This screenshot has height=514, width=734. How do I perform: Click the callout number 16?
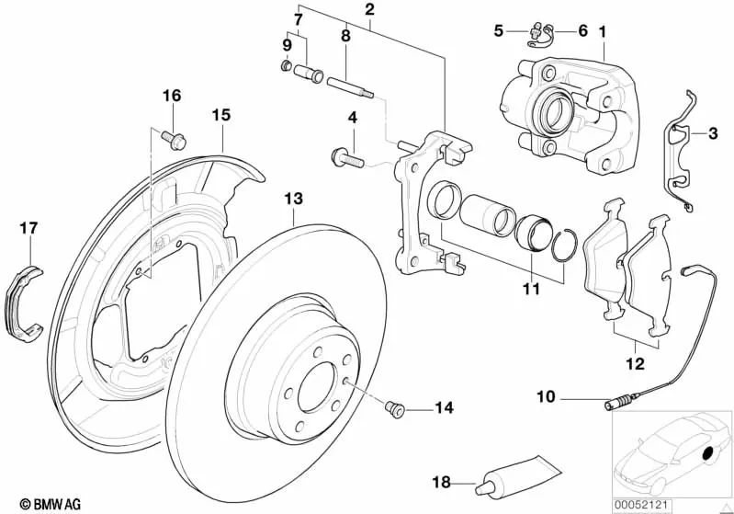tap(172, 97)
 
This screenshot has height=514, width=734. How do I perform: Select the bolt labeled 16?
tap(174, 138)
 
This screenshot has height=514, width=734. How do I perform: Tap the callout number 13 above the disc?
tap(292, 199)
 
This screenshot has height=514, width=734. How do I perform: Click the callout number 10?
tap(545, 398)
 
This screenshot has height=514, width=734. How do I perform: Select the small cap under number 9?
tap(287, 66)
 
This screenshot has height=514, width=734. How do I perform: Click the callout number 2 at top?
tap(369, 11)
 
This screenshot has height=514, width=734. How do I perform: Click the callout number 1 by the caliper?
tap(603, 30)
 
